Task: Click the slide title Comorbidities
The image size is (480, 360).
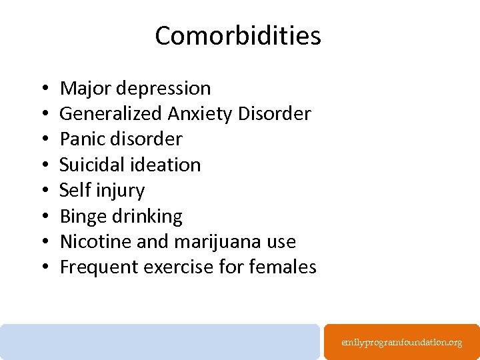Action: click(x=238, y=36)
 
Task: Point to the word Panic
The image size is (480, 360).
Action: click(x=79, y=139)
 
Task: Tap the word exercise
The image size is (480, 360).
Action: click(x=169, y=267)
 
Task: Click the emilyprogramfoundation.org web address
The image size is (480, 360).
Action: click(x=401, y=343)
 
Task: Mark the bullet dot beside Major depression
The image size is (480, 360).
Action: click(x=42, y=89)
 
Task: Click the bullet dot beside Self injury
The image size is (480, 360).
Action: click(x=42, y=191)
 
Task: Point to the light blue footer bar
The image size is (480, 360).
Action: click(x=160, y=341)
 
